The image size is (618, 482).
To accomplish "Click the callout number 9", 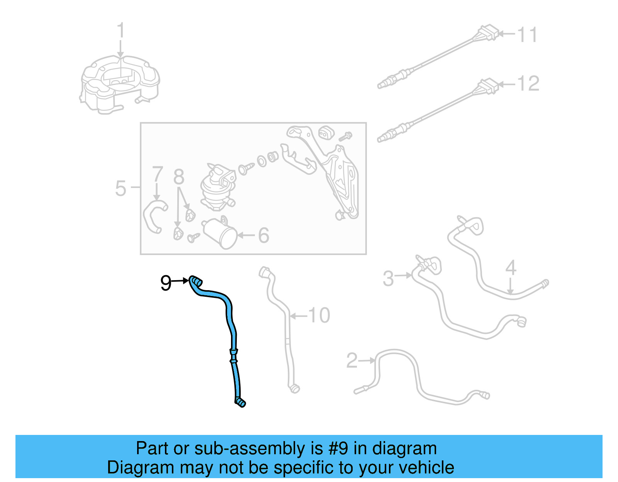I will point(166,283).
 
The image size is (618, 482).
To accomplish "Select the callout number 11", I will point(527,35).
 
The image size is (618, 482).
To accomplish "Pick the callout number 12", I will point(528,84).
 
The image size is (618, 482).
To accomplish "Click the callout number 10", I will point(319,315).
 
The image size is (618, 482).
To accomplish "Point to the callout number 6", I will point(263,235).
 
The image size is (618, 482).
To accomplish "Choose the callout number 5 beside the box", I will point(121,188).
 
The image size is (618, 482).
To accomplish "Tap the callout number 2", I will point(352,360).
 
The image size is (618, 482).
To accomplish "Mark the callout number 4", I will point(511,267).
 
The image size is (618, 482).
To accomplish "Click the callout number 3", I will point(388,278).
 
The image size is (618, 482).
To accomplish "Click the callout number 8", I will point(178,177).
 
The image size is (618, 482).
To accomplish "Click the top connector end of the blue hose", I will point(195,281).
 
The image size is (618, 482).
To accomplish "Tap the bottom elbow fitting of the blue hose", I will point(240,402).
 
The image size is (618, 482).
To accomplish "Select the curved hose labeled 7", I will point(153,216).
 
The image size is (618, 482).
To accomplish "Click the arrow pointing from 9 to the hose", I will point(180,281).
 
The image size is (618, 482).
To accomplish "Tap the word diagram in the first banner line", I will point(404,448).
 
